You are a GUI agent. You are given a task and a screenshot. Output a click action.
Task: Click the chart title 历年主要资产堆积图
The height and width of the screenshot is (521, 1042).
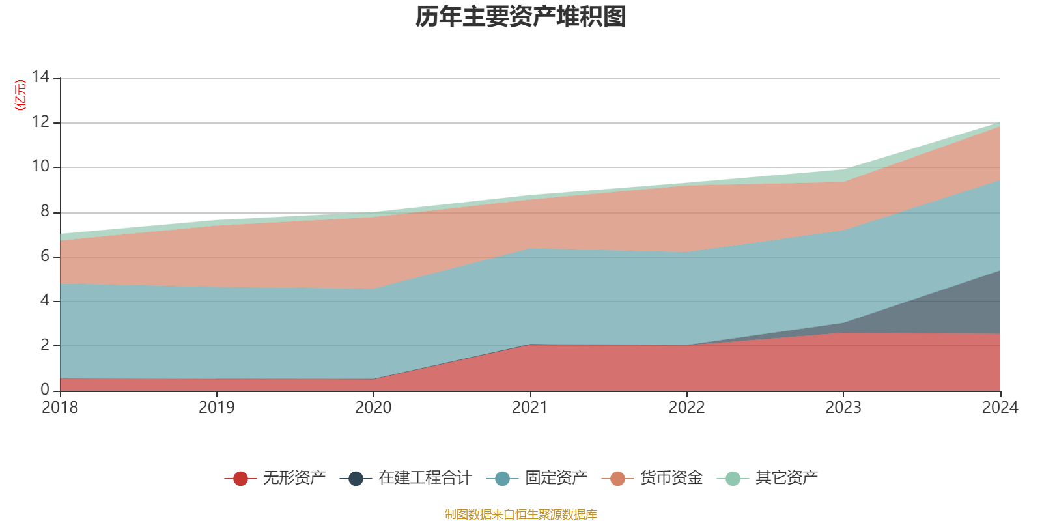[521, 17]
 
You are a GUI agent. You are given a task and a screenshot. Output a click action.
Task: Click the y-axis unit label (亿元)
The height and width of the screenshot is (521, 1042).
[20, 95]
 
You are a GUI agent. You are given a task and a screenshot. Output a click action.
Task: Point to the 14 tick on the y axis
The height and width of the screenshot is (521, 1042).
[40, 77]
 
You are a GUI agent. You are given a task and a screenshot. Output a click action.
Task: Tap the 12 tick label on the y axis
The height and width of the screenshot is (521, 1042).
[40, 122]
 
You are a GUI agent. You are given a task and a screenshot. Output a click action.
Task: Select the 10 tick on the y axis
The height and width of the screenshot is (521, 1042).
[40, 166]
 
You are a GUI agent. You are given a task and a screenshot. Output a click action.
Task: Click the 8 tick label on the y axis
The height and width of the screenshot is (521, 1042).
[44, 211]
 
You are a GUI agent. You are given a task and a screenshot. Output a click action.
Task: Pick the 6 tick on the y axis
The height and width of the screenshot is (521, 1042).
[44, 256]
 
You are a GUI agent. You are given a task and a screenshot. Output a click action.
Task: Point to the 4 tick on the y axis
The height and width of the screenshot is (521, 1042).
[44, 300]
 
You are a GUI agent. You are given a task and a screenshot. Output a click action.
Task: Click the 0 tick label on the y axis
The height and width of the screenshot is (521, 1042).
[44, 389]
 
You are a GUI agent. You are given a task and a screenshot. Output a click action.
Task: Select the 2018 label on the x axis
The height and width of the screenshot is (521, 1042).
[60, 408]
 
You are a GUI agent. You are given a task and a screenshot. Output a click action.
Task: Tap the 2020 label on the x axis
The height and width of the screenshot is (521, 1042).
[373, 408]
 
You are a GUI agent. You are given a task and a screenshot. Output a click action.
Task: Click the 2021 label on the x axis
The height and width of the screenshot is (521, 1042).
[530, 408]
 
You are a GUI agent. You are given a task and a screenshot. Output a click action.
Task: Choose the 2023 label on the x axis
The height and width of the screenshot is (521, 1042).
[843, 408]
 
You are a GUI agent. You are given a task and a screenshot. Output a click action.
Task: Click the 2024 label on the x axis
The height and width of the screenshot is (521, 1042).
[1000, 408]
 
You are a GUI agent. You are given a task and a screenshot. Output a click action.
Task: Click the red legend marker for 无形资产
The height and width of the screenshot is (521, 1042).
[240, 479]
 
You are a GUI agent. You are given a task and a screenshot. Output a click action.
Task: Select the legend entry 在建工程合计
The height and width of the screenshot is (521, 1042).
[425, 478]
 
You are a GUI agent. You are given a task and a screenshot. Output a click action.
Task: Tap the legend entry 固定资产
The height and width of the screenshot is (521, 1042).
[556, 478]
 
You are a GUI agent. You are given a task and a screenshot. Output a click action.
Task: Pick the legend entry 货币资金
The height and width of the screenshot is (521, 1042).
[671, 478]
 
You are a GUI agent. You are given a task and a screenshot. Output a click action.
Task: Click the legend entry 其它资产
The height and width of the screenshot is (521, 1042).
[786, 478]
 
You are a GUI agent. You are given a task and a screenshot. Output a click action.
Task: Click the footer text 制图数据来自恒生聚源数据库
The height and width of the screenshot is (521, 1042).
[521, 514]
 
